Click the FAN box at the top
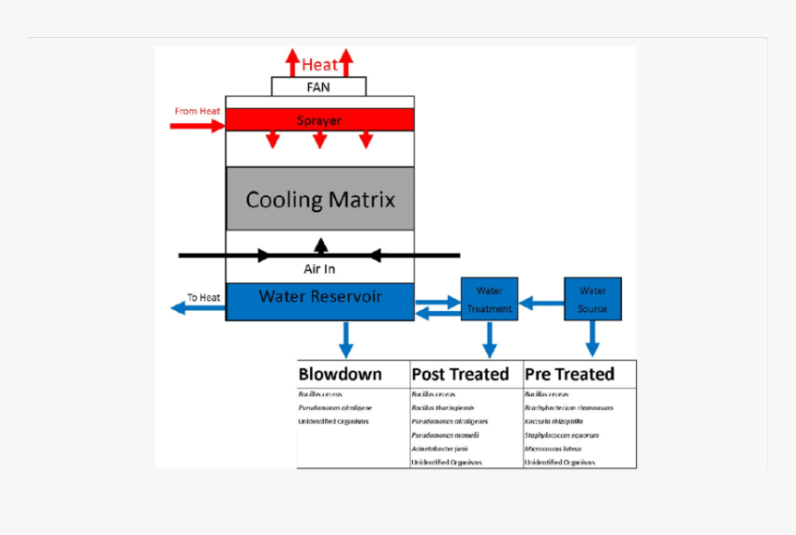point(318,87)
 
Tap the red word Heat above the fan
point(319,66)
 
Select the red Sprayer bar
point(319,120)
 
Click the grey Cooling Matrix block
point(320,199)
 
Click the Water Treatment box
point(490,299)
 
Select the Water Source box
point(592,299)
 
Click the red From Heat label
point(197,111)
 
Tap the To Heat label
point(204,297)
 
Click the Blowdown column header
point(340,374)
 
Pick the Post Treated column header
point(460,374)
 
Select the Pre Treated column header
point(569,374)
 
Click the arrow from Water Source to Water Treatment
point(541,302)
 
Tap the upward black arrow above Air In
point(320,245)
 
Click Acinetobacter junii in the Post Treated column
point(441,448)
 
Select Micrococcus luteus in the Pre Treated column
point(553,448)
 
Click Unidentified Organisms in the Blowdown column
point(333,421)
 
